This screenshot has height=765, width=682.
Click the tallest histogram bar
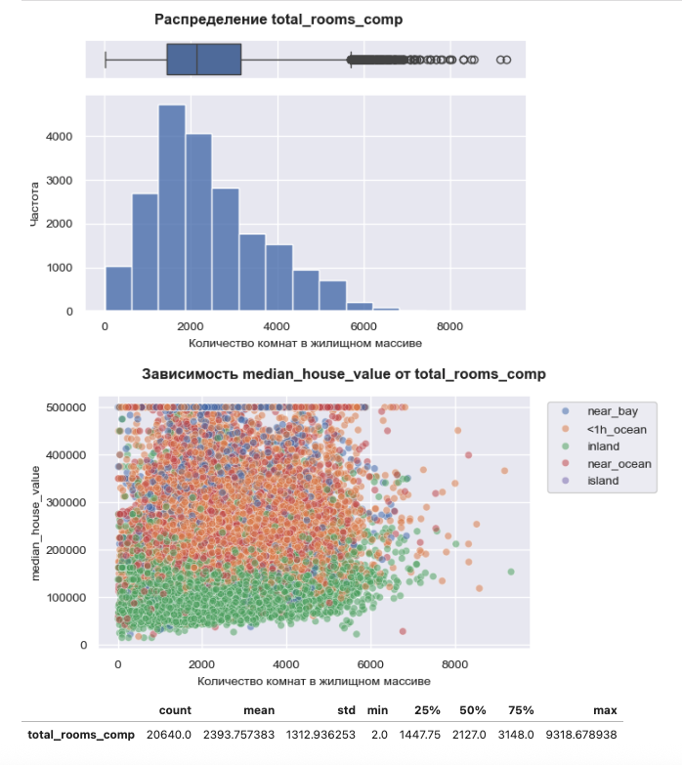click(x=172, y=208)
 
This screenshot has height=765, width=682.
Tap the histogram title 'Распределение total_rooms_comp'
click(x=278, y=20)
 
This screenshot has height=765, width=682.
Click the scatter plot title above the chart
click(x=343, y=374)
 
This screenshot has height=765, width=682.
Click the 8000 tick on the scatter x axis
click(x=453, y=663)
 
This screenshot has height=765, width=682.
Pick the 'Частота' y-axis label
click(x=35, y=203)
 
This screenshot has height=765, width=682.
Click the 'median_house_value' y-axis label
click(x=37, y=526)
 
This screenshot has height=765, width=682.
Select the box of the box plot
click(x=203, y=60)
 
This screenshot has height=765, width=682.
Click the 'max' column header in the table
click(x=606, y=710)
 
